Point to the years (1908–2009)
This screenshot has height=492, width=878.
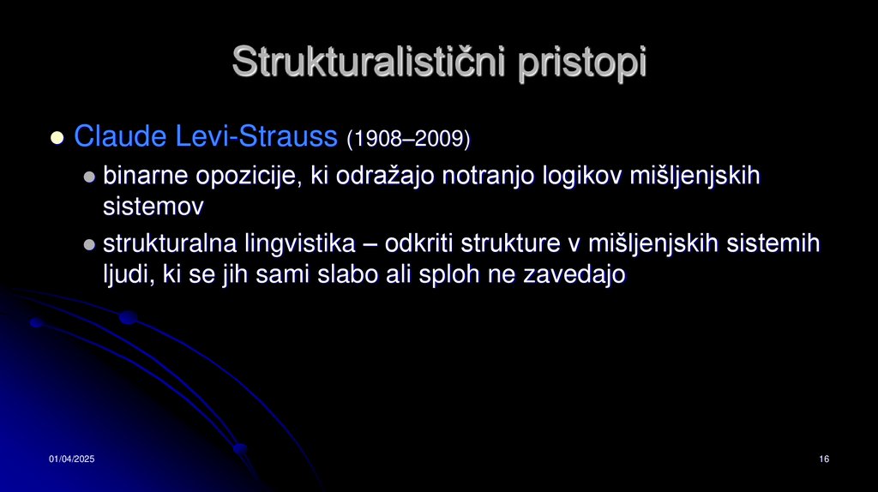point(408,137)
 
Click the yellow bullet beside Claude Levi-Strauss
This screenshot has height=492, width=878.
point(57,137)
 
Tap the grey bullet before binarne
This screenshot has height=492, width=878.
point(89,177)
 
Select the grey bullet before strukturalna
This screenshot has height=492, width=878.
point(89,245)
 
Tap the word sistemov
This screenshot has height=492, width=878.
point(153,207)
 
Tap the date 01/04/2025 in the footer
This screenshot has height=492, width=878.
point(71,460)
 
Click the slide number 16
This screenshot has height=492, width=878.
point(823,460)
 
